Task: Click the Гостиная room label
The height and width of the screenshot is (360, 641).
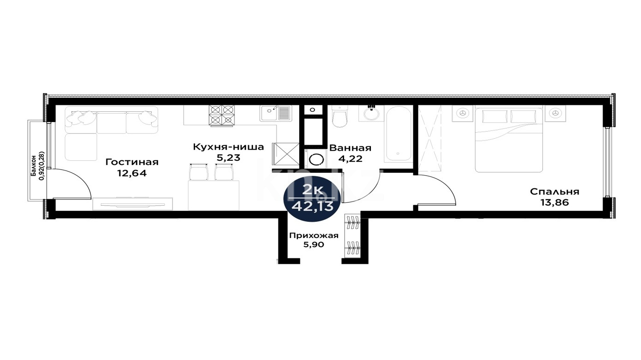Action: tap(132, 162)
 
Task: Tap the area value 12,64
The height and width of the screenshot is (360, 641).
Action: tap(132, 173)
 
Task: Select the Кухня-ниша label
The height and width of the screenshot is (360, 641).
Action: tap(228, 147)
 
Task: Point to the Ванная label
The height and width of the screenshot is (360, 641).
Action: tap(350, 148)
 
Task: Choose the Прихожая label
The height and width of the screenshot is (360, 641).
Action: tap(314, 236)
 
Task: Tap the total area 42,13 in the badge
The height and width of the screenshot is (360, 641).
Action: tap(312, 206)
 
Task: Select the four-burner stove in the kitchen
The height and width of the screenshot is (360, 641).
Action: tap(222, 116)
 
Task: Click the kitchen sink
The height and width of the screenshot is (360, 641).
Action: tap(276, 113)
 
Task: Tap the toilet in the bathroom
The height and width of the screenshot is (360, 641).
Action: tap(339, 117)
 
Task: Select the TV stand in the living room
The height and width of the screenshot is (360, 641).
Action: tap(133, 204)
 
